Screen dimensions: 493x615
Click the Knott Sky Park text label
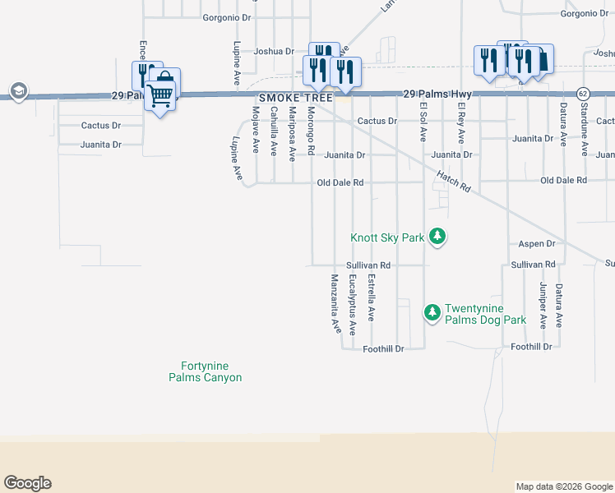coord(387,237)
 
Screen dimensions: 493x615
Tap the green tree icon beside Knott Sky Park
coord(439,237)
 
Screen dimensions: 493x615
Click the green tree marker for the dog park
coord(432,312)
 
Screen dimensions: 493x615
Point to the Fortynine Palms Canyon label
coord(206,372)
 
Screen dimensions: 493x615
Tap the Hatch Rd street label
coord(453,181)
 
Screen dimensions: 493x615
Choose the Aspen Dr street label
coord(538,244)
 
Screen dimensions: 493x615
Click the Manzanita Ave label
coord(335,302)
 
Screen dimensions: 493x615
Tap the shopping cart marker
coord(160,97)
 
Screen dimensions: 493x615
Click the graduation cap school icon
coord(17,90)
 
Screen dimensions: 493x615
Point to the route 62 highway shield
coord(583,94)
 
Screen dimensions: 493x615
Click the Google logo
coord(27,483)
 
